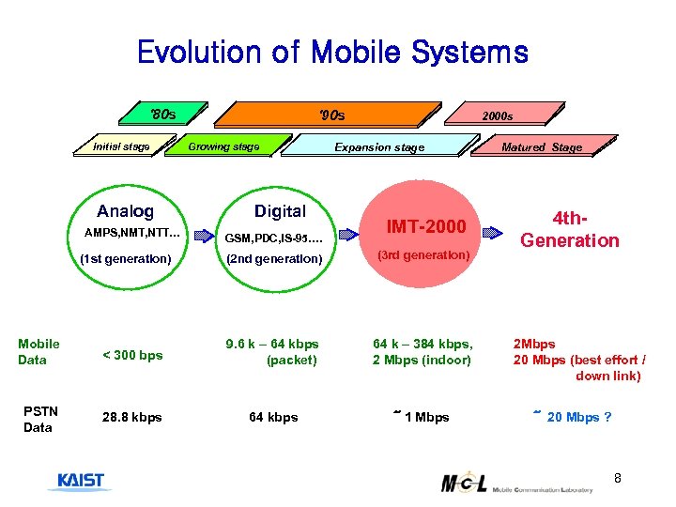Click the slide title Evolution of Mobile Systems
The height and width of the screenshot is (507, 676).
coord(332,52)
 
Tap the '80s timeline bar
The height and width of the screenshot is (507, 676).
coord(165,115)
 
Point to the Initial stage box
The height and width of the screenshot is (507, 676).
coord(122,146)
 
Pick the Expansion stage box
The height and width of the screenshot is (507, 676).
coord(380,146)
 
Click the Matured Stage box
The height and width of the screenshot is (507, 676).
coord(542,146)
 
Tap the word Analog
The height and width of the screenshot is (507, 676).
coord(125,211)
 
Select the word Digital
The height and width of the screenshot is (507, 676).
coord(280,211)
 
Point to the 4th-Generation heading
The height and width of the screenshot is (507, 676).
coord(570,229)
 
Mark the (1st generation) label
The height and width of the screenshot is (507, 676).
coord(126,258)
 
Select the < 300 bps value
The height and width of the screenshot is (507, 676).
coord(131,355)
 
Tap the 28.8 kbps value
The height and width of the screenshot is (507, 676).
coord(131,417)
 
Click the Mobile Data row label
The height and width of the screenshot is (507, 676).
coord(38,351)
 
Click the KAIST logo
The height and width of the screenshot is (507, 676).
coord(81,482)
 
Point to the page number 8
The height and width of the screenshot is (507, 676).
coord(617,480)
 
